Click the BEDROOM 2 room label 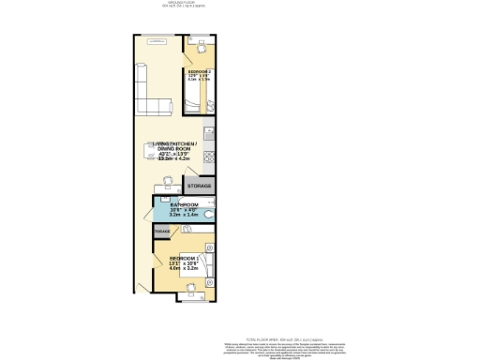[199, 71]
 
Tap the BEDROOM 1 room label [183, 258]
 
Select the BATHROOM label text [184, 204]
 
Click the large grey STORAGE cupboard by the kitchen [200, 187]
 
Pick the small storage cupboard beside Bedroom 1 [162, 231]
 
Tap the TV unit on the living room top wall [157, 41]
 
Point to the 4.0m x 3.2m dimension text [184, 269]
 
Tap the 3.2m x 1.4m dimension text [184, 215]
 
